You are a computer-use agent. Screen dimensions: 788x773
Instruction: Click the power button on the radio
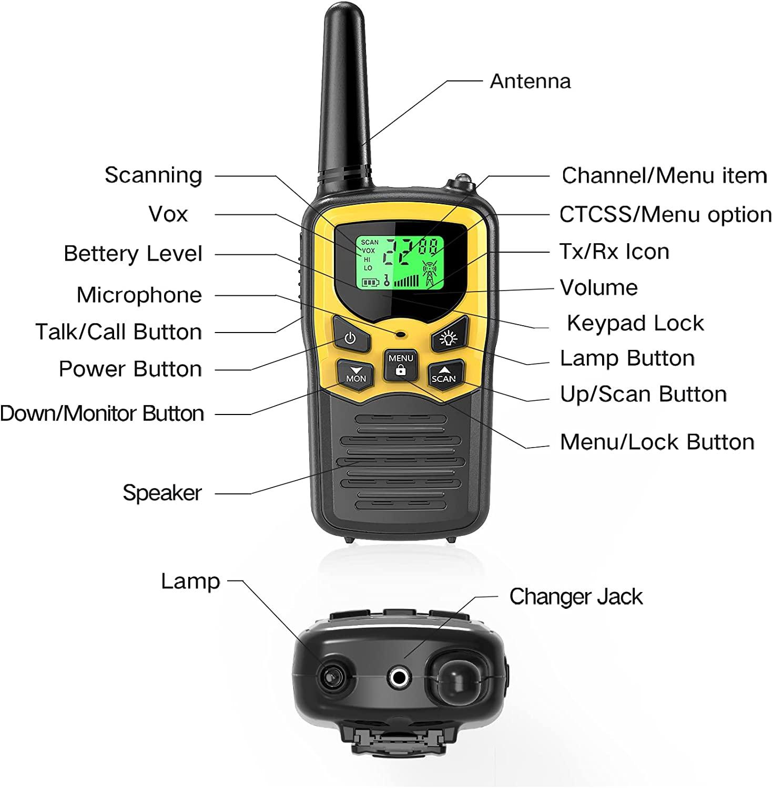tap(350, 338)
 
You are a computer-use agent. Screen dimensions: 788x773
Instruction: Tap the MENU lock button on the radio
tap(401, 365)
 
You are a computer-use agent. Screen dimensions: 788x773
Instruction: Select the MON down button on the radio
tap(356, 374)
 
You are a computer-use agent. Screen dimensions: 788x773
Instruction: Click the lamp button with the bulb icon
tap(448, 338)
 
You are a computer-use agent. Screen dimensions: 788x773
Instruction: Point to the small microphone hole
tap(401, 334)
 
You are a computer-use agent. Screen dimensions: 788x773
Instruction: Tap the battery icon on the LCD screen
tap(370, 283)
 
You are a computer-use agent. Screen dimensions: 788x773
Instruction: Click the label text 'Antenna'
tap(530, 81)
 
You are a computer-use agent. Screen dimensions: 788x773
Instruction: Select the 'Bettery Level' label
tap(133, 254)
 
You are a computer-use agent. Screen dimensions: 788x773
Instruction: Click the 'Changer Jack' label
tap(576, 597)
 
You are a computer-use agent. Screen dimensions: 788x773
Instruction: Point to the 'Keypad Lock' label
tap(635, 323)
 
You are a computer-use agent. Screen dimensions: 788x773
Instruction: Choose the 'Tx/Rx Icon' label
tap(614, 252)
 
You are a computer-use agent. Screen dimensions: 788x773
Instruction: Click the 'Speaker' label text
tap(162, 493)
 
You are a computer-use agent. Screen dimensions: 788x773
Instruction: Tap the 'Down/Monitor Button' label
tap(102, 413)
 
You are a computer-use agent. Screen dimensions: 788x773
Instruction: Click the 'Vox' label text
tap(168, 214)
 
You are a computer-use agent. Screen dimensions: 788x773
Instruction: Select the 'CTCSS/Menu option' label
tap(665, 214)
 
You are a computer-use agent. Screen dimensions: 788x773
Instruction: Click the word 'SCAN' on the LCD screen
tap(370, 242)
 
